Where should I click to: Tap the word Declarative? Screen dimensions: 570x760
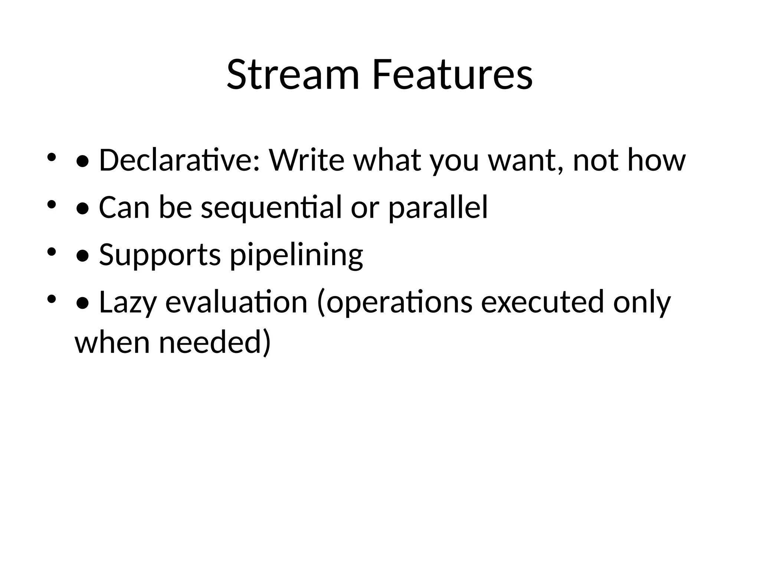click(x=179, y=160)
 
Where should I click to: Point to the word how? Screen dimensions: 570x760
click(x=656, y=160)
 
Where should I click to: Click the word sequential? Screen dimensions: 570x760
click(x=271, y=208)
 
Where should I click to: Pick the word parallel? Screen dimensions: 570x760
click(x=438, y=208)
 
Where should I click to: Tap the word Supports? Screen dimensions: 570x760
click(x=160, y=255)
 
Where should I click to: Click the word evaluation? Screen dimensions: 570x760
click(x=236, y=302)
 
